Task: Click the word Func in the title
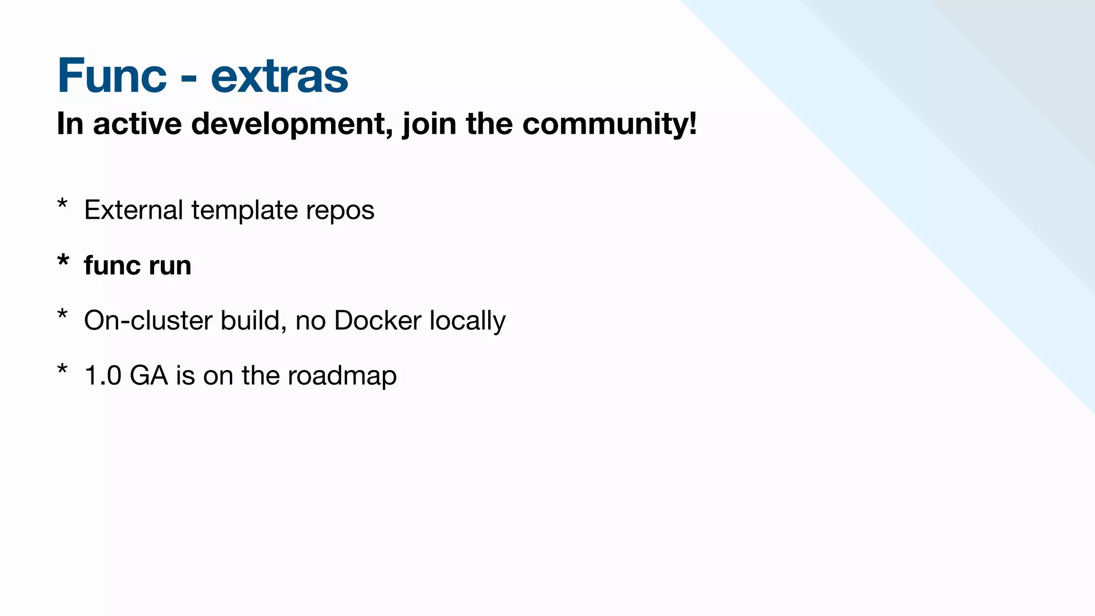point(112,76)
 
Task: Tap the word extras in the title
point(279,76)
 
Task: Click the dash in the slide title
point(188,80)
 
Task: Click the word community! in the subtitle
point(610,124)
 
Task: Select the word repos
point(340,211)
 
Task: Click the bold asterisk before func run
point(63,261)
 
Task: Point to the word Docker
point(377,321)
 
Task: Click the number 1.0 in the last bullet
point(103,375)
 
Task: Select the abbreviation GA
point(149,375)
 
